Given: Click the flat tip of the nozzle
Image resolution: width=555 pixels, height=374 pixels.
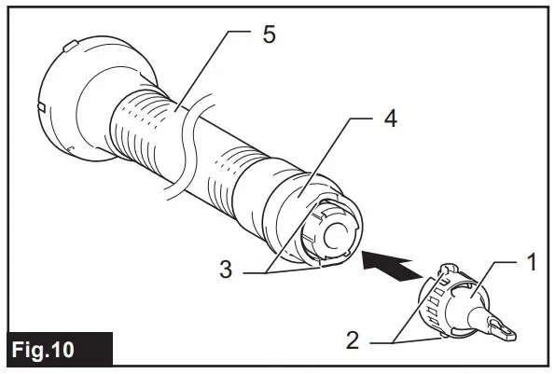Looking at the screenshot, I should click(505, 328).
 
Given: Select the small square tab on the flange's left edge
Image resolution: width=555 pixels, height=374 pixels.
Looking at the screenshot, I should click(42, 108).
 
